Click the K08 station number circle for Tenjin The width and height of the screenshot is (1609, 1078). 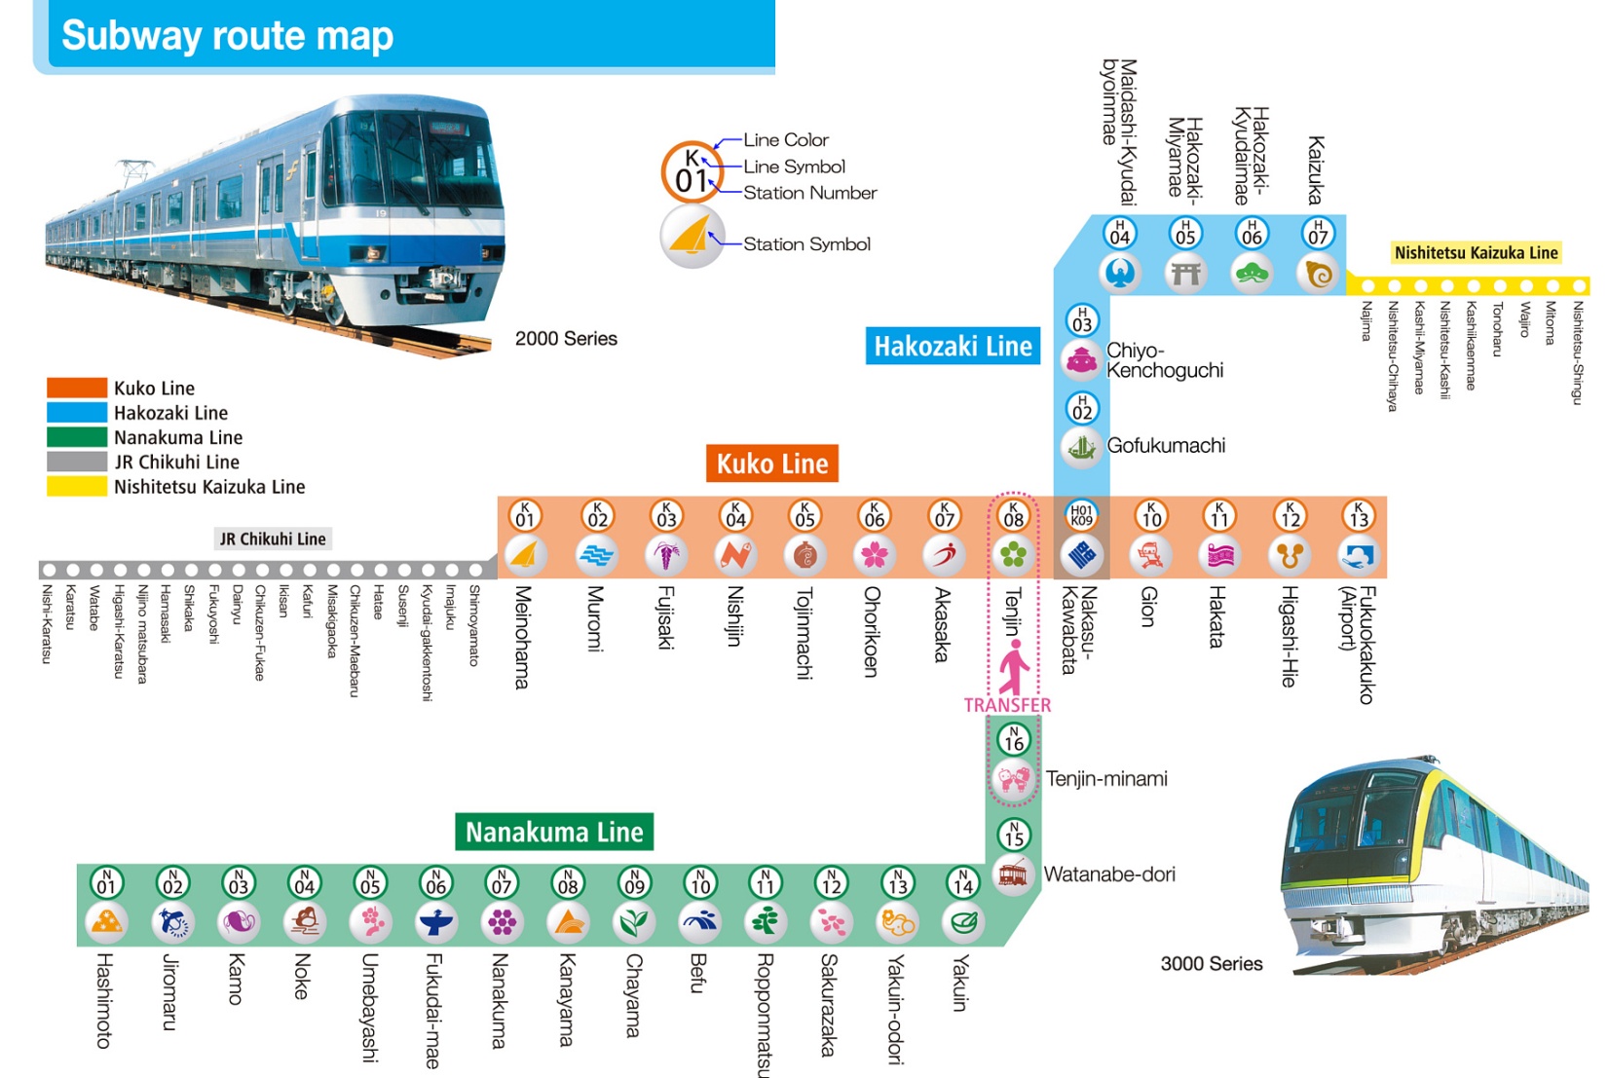(x=1013, y=516)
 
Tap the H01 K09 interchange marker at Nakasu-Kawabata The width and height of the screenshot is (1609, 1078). (x=1081, y=516)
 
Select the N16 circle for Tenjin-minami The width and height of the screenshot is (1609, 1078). (x=1014, y=739)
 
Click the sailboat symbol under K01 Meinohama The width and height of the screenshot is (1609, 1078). (x=525, y=555)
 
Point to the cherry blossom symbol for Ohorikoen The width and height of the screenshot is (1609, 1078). (x=875, y=555)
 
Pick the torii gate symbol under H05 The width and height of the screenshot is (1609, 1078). (x=1185, y=273)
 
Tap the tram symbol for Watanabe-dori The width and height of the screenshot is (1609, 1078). (x=1014, y=874)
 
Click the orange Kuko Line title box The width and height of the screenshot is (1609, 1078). (x=772, y=464)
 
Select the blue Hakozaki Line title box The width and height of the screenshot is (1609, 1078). (x=953, y=346)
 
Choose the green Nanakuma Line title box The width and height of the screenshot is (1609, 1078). (x=554, y=832)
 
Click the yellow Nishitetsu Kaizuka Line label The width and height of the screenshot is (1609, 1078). (x=1477, y=253)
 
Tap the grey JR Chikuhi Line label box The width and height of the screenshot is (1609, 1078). (x=273, y=539)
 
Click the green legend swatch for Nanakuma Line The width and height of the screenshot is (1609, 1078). (x=77, y=437)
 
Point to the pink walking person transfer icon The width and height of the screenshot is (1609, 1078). (x=1014, y=666)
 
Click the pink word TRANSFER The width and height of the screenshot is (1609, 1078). (x=1007, y=705)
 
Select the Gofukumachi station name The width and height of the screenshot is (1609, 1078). (x=1167, y=446)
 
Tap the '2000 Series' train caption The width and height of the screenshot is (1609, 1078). (x=566, y=338)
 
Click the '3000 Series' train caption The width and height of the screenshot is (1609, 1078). (x=1212, y=964)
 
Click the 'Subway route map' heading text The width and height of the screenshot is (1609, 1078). (x=228, y=36)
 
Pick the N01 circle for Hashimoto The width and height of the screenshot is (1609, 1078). (x=106, y=883)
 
